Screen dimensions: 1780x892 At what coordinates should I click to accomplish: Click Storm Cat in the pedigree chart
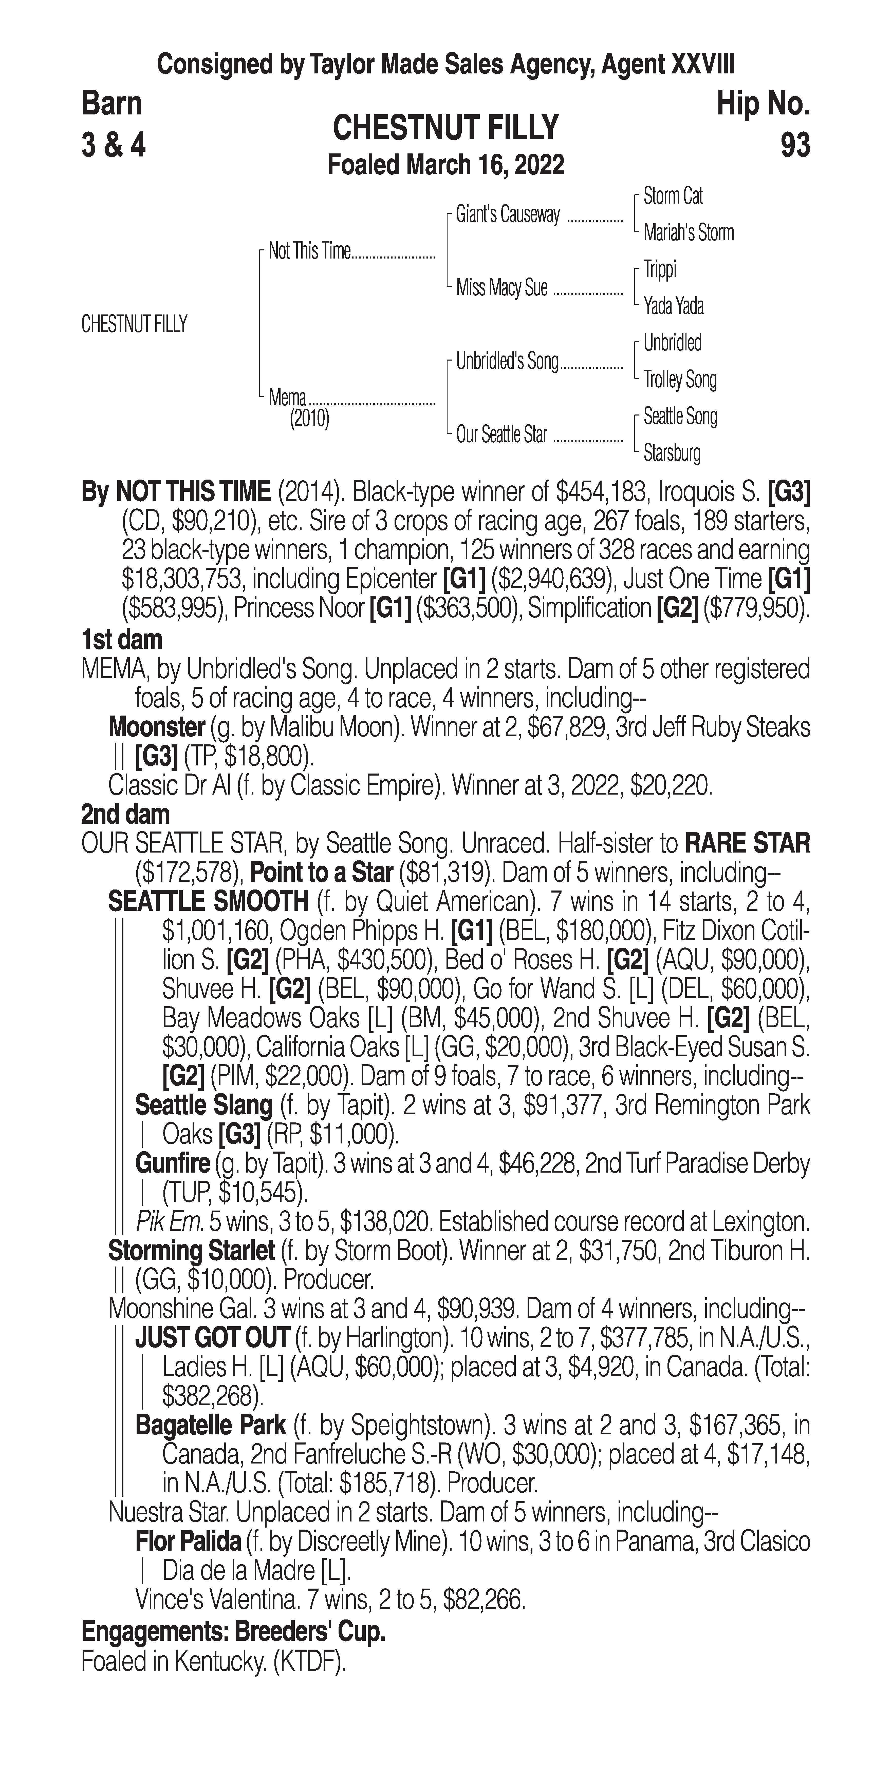(673, 196)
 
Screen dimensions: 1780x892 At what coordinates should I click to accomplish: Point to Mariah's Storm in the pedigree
(688, 233)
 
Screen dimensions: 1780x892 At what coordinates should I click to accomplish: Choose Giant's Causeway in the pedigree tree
(508, 215)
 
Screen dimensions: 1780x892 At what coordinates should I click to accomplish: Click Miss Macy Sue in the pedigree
(501, 287)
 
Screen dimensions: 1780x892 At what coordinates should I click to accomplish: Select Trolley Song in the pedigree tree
(680, 379)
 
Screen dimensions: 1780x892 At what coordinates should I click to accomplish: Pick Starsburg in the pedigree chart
(672, 453)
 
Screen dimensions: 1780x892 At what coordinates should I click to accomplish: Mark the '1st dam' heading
(122, 640)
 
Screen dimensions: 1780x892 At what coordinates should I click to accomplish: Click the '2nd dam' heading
(124, 815)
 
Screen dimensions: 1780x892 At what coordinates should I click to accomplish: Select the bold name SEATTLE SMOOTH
(208, 902)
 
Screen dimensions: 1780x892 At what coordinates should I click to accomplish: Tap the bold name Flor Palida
(188, 1541)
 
